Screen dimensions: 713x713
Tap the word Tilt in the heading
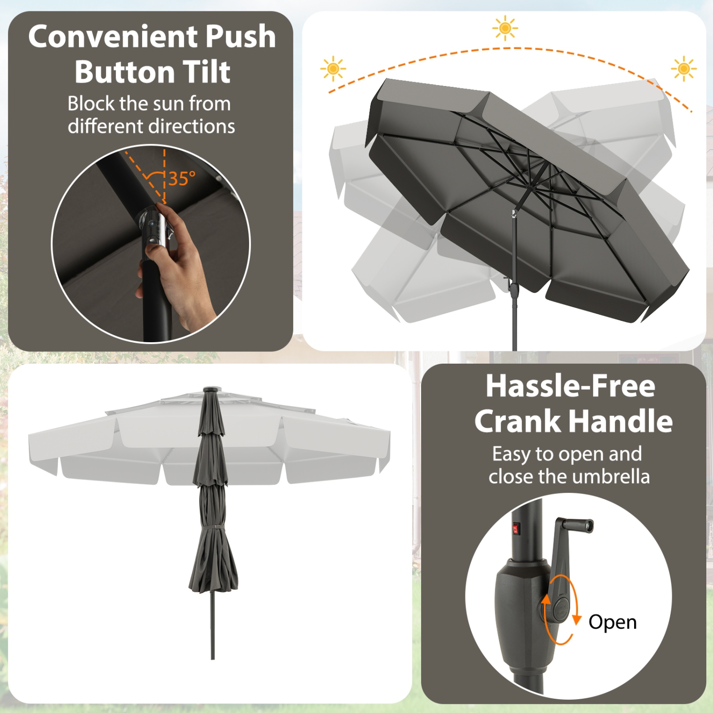207,72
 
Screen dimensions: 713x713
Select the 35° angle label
182,179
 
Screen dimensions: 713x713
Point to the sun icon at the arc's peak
505,28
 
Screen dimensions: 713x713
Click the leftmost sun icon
333,69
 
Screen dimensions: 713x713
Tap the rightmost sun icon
684,69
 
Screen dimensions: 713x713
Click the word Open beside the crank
612,622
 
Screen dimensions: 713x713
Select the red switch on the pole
517,528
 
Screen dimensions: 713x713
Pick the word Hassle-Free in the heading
570,386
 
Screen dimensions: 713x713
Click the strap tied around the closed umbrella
212,528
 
